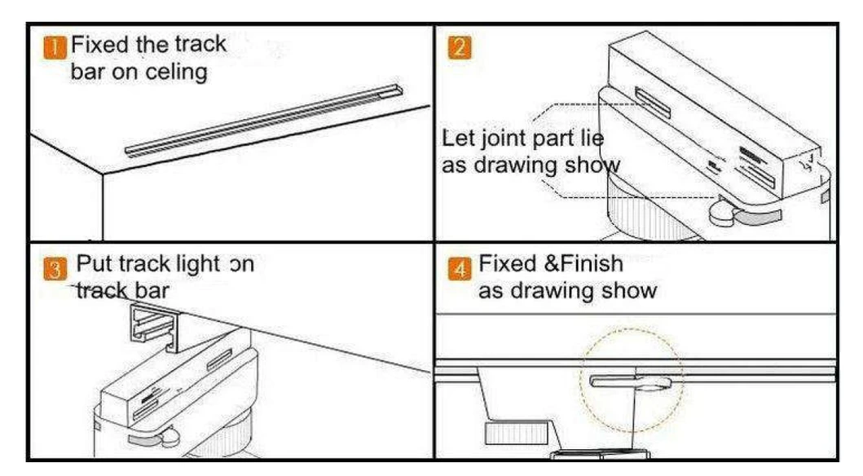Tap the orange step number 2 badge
[x=458, y=46]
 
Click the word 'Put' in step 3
[x=92, y=265]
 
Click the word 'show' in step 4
[x=629, y=291]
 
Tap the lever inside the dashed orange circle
[x=632, y=381]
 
